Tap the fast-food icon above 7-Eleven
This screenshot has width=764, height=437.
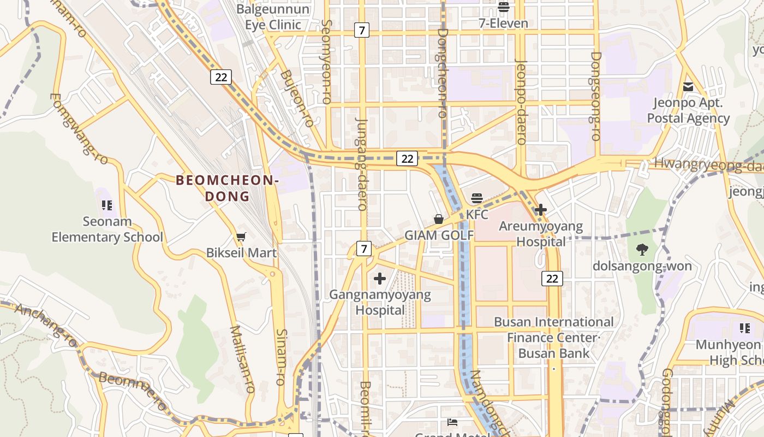pyautogui.click(x=503, y=7)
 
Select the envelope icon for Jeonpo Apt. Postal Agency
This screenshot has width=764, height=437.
pyautogui.click(x=688, y=87)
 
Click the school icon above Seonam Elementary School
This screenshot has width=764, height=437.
pyautogui.click(x=107, y=205)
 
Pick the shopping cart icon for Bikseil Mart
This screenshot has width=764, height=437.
pyautogui.click(x=241, y=237)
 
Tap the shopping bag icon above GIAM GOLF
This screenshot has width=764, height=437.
pyautogui.click(x=439, y=219)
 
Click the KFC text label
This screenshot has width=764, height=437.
pyautogui.click(x=477, y=214)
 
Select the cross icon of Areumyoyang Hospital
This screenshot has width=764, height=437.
pyautogui.click(x=541, y=210)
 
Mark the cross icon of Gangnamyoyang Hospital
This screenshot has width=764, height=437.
pyautogui.click(x=380, y=279)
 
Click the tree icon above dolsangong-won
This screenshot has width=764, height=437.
pyautogui.click(x=642, y=250)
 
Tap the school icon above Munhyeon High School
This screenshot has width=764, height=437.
pyautogui.click(x=745, y=328)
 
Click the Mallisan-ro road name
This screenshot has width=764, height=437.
pyautogui.click(x=243, y=359)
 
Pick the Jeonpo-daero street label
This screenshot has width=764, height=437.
pyautogui.click(x=521, y=102)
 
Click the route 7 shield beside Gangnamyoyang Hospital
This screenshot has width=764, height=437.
pyautogui.click(x=365, y=249)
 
